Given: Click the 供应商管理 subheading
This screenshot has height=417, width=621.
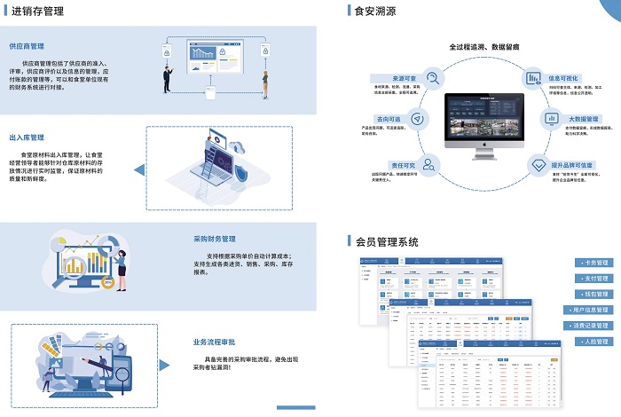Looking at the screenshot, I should (x=28, y=45).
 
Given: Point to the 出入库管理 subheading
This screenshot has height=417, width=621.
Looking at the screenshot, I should (x=28, y=138).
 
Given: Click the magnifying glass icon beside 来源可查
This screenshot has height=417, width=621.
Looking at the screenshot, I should (x=432, y=77).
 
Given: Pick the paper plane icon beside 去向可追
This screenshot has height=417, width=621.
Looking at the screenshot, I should (x=418, y=119).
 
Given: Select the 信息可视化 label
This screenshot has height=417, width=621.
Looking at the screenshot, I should (x=567, y=77).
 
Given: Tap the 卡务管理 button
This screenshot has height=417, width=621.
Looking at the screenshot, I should (x=595, y=264).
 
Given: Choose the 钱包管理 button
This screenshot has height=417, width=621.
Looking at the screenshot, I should (x=595, y=295).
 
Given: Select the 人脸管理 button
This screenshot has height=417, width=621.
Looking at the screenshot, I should (x=595, y=342).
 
